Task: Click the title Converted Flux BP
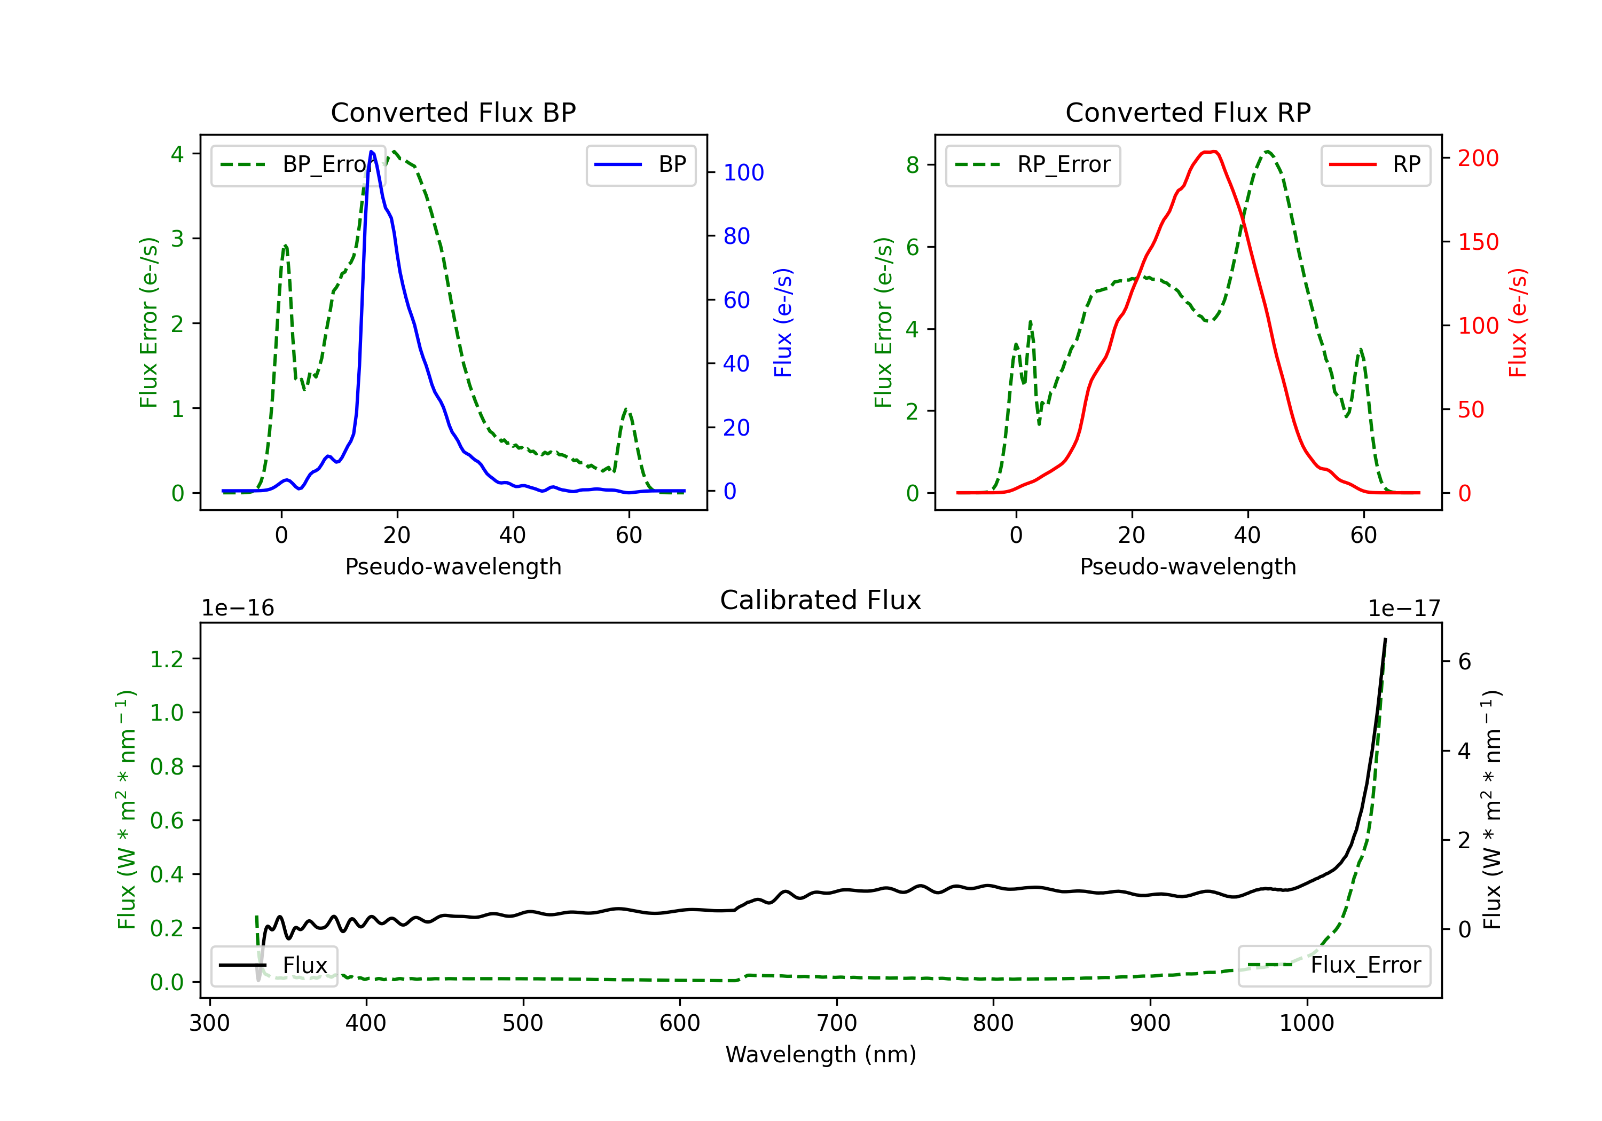[x=453, y=112]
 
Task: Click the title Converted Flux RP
[x=1188, y=112]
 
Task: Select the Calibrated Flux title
[x=821, y=600]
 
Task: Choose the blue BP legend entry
[x=640, y=164]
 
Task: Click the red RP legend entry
[x=1375, y=164]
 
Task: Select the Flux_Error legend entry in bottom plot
[x=1334, y=966]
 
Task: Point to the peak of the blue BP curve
[x=371, y=152]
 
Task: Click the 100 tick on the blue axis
[x=744, y=172]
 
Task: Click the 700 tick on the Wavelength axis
[x=837, y=1023]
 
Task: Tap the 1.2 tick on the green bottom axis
[x=167, y=659]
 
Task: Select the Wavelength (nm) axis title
[x=821, y=1055]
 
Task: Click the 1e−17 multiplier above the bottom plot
[x=1404, y=609]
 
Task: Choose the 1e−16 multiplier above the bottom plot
[x=238, y=609]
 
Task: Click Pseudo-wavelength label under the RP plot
[x=1188, y=566]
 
